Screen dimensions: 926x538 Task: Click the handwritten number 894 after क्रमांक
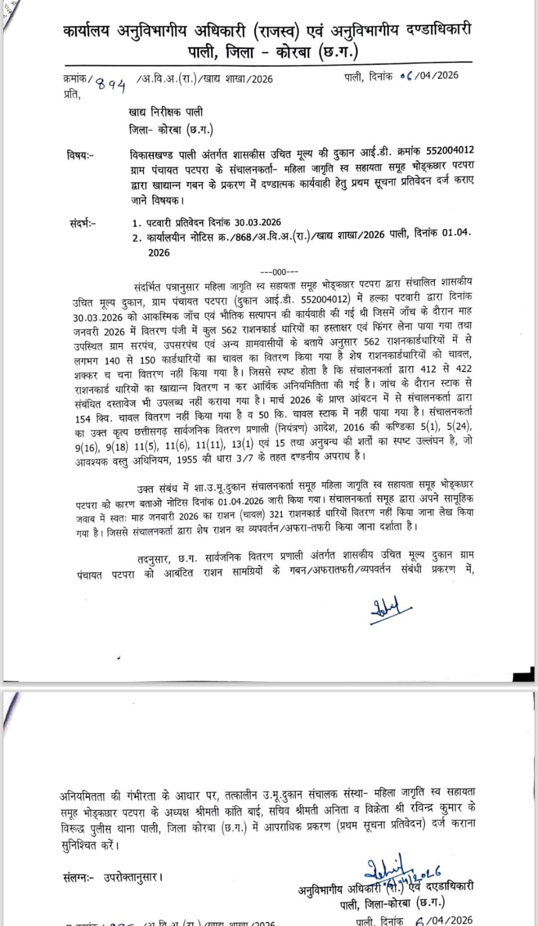111,85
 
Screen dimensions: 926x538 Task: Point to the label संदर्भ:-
83,223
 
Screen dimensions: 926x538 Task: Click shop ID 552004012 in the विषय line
450,150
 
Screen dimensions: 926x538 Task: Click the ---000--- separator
280,272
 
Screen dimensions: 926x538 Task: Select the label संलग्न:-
78,877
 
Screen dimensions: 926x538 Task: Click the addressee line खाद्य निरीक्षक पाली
166,112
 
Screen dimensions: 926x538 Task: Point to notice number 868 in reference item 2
243,237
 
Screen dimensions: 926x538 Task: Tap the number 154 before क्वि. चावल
82,419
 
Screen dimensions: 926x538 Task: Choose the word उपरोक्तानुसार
133,877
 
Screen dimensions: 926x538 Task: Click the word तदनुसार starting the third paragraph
153,559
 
